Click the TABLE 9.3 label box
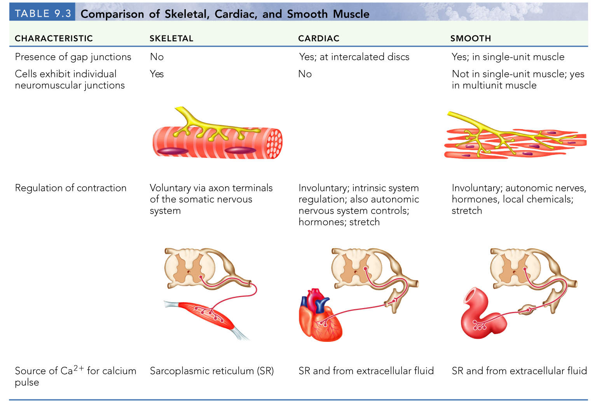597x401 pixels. pos(42,13)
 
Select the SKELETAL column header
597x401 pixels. pos(171,39)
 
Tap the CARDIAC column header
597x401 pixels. pos(319,39)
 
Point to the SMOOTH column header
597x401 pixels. pos(471,39)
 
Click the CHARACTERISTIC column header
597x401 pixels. pos(54,39)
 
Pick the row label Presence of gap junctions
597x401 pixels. pos(73,57)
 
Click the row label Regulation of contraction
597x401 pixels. pos(71,188)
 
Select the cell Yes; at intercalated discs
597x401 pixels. pos(354,57)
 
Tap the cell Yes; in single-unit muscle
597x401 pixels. pos(508,57)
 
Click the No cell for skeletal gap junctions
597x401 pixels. pos(157,57)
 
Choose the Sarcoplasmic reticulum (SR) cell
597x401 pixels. pos(212,371)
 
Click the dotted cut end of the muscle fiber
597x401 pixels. pos(274,143)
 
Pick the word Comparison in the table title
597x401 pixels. pos(112,14)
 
